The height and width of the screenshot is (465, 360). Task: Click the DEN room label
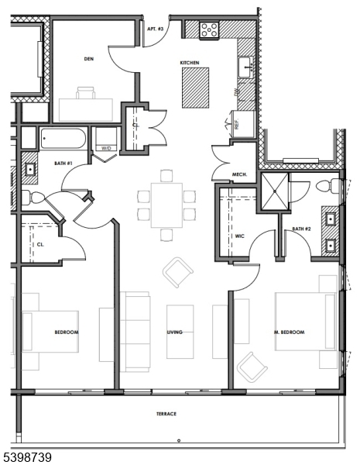[89, 59]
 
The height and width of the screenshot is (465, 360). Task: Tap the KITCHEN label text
[190, 62]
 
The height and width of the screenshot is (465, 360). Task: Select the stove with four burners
[209, 30]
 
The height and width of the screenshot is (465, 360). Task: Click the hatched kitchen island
[196, 87]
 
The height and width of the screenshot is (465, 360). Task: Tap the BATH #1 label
[63, 164]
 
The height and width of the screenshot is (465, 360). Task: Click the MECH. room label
[239, 175]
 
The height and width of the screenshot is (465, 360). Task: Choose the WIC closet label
[240, 236]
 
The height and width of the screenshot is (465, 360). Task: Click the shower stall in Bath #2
[275, 188]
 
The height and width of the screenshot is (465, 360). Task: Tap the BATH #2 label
[302, 229]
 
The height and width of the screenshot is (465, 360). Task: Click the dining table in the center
[166, 204]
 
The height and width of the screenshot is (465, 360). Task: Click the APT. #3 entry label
[155, 29]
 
